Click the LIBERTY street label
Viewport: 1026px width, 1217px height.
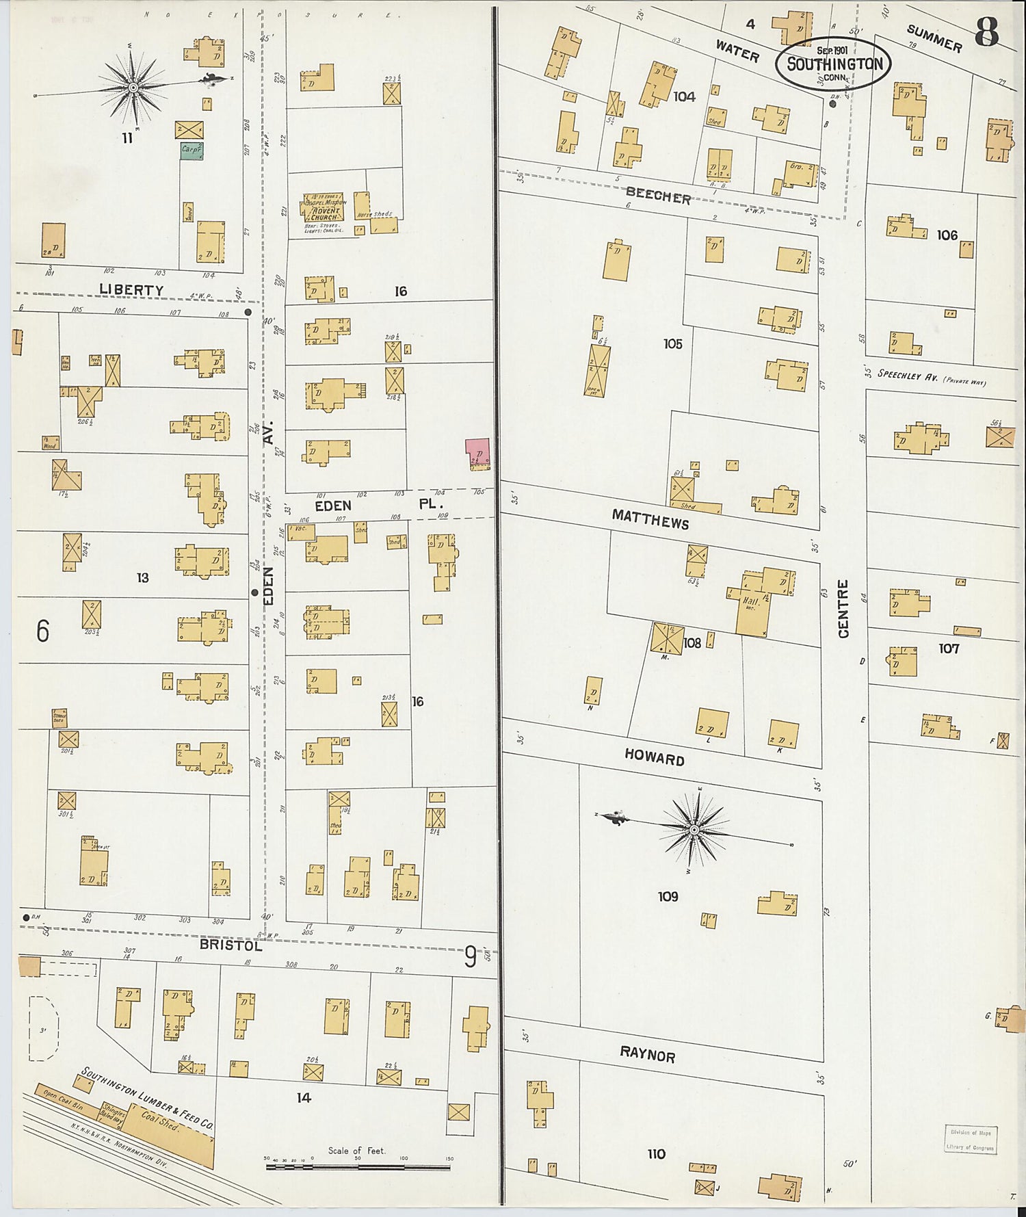coord(131,289)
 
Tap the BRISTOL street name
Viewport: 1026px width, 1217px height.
coord(231,945)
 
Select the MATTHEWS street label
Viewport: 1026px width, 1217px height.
coord(650,519)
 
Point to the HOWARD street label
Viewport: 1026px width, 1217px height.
coord(654,758)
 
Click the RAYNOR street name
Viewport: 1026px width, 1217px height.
coord(647,1055)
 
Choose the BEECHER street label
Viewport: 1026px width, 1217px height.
coord(658,196)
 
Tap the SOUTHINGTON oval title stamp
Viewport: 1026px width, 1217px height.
coord(833,64)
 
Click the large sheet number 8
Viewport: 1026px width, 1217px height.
coord(986,31)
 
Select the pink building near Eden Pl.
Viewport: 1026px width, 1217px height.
coord(477,454)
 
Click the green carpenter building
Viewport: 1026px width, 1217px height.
coord(191,151)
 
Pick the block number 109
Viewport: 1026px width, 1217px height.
coord(668,896)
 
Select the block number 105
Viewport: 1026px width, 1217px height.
coord(672,343)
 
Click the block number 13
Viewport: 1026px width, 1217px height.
coord(142,578)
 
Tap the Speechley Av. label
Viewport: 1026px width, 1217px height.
coord(930,378)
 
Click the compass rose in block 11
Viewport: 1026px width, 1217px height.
coord(133,87)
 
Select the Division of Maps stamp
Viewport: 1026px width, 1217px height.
coord(971,1140)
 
